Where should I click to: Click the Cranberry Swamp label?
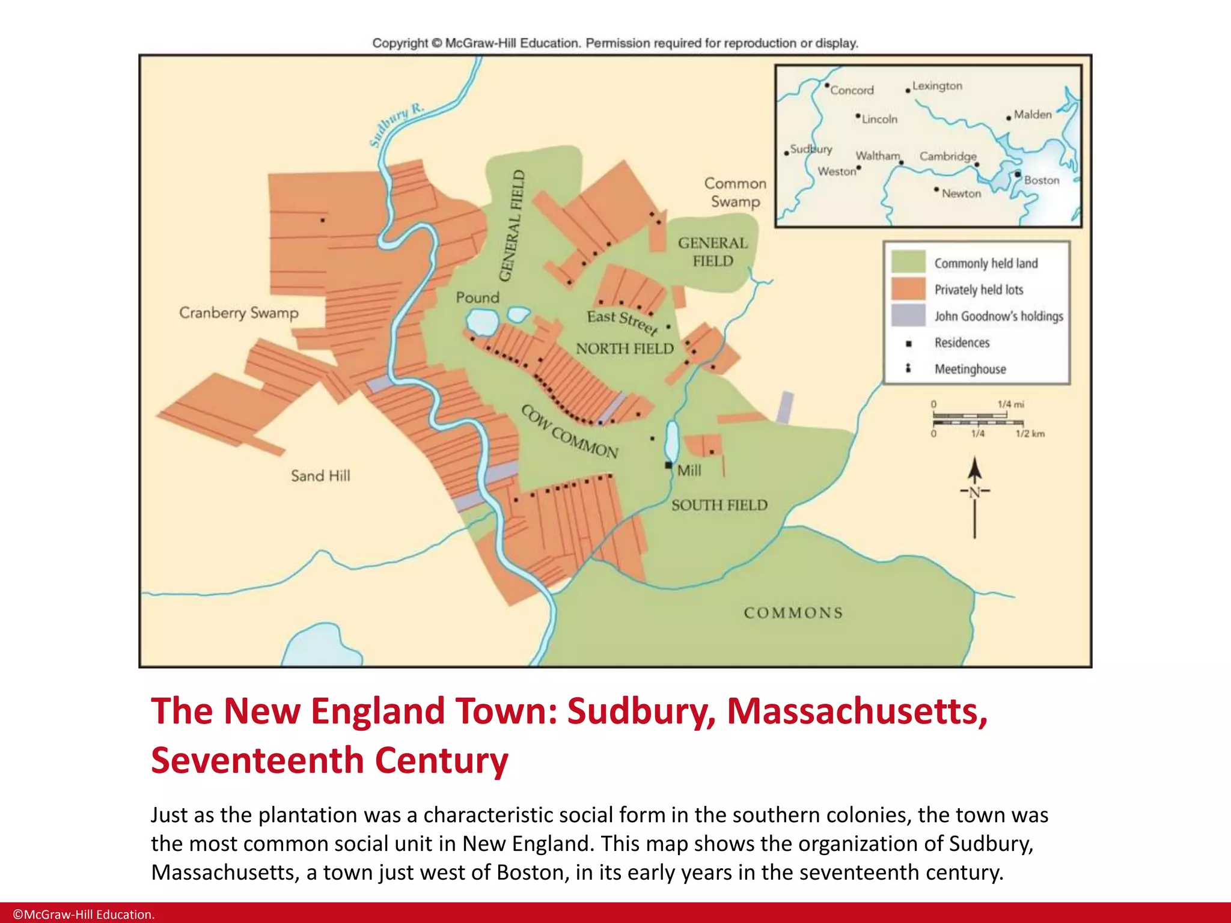point(239,312)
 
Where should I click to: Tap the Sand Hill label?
point(320,476)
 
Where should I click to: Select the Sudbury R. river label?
point(396,125)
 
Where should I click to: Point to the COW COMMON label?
point(569,431)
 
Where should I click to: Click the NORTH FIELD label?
point(625,349)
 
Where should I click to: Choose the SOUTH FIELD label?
point(719,505)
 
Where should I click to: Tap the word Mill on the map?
point(689,471)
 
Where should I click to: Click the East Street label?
point(623,321)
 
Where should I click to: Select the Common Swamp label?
point(735,192)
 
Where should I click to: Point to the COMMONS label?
point(793,613)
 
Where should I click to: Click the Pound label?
point(477,297)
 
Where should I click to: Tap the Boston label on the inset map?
point(1042,180)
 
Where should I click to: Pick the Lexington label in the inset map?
point(937,86)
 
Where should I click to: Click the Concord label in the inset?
point(852,90)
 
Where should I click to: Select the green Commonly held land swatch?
point(908,262)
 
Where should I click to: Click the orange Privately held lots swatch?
point(908,288)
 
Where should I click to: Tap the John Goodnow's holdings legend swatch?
point(908,315)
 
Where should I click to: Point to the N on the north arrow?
point(974,492)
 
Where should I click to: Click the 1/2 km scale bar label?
point(1030,434)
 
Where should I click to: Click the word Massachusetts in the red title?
point(857,711)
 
